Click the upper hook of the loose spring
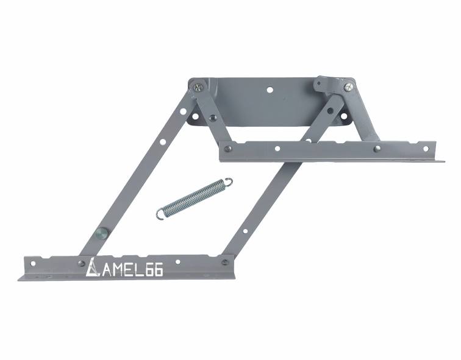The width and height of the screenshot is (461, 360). point(229,182)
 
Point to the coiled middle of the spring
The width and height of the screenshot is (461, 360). point(195,197)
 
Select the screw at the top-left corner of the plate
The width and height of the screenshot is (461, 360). point(199,87)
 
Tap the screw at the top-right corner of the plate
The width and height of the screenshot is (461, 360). point(349,87)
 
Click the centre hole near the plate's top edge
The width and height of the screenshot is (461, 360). point(270,90)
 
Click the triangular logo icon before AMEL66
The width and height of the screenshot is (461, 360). point(92,267)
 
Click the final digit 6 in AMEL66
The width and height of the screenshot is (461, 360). point(158,271)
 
